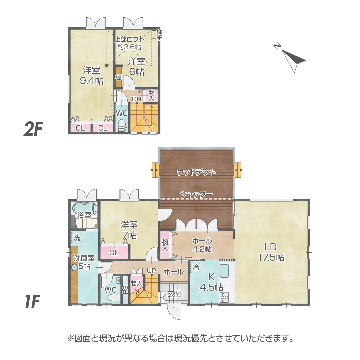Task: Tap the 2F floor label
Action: pos(33,129)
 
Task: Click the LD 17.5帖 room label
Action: pos(271,252)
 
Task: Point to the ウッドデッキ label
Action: pos(196,172)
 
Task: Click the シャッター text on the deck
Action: pos(196,194)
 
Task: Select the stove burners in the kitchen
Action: pos(224,297)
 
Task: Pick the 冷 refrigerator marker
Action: pos(196,267)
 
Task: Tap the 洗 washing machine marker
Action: pos(77,238)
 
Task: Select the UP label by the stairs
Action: pos(152,271)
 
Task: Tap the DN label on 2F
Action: pos(137,99)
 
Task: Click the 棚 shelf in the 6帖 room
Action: pos(118,77)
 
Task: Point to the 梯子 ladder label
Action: pos(160,34)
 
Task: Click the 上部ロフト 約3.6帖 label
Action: pos(129,43)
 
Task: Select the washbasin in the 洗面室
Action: pos(74,267)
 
